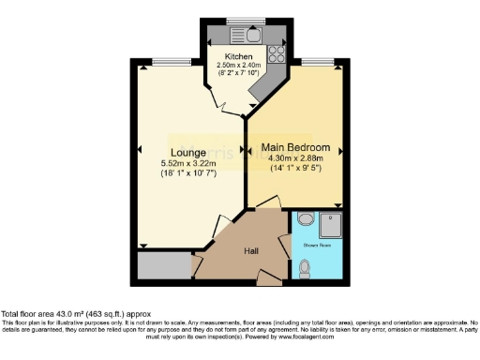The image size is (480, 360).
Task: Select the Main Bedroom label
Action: click(295, 146)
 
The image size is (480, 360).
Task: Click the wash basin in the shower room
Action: click(305, 221)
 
